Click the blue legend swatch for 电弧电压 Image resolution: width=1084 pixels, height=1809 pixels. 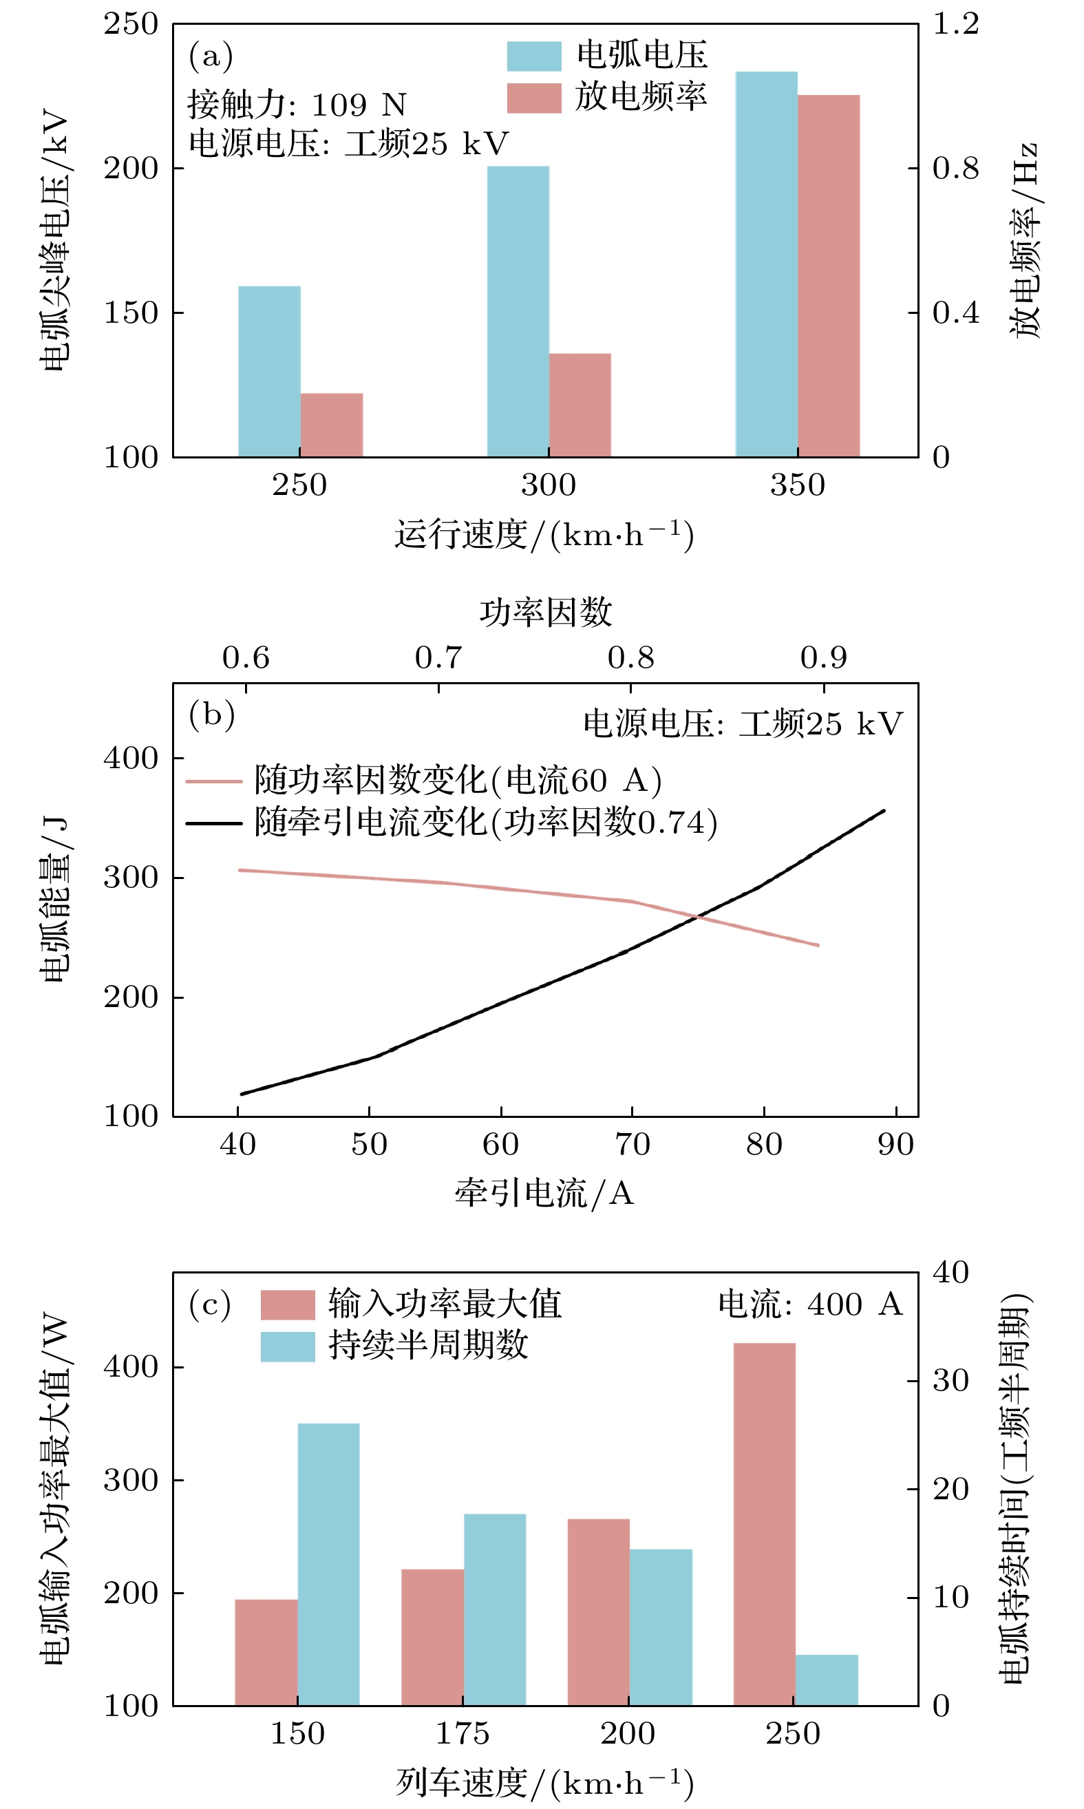[x=534, y=56]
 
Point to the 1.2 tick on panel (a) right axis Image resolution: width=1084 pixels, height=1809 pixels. [x=955, y=24]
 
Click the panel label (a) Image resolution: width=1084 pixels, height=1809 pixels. [x=211, y=56]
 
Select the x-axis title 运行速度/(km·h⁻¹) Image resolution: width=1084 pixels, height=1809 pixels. [x=544, y=535]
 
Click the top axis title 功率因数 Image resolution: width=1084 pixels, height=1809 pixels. [x=546, y=611]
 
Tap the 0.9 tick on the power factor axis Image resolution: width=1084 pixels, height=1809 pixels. [x=823, y=657]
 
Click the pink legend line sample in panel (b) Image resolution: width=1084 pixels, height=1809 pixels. [x=213, y=781]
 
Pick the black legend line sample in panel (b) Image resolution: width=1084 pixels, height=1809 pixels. [x=213, y=823]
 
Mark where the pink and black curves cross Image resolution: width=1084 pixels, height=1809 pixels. [x=699, y=916]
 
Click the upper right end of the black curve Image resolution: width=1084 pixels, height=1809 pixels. [x=883, y=810]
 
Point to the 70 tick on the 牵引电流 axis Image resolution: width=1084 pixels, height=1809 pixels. [x=632, y=1144]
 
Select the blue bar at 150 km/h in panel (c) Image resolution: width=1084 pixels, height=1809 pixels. [x=329, y=1563]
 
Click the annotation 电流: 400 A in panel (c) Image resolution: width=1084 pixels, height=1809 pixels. [x=809, y=1304]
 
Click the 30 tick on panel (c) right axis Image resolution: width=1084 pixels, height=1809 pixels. [x=950, y=1381]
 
